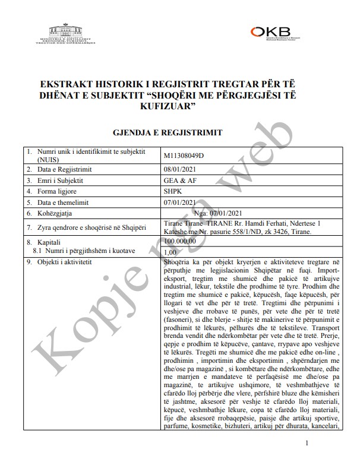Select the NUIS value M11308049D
(183, 156)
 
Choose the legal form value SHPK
(173, 191)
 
